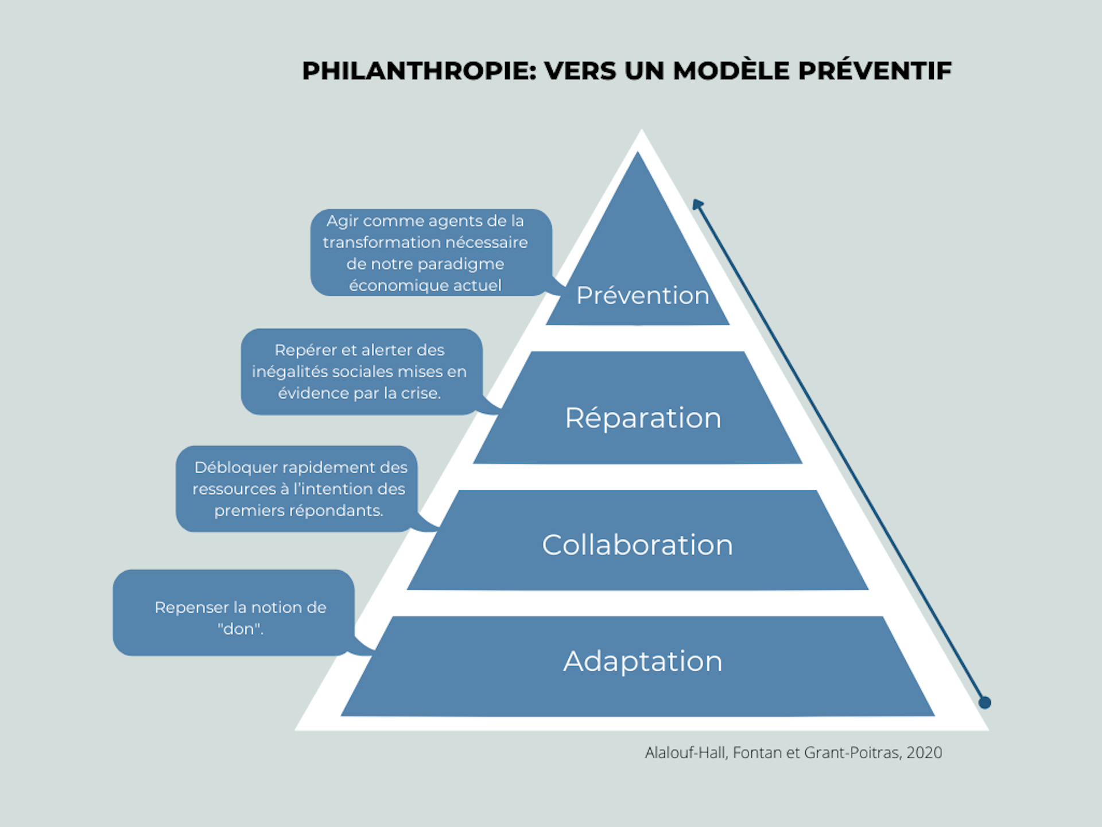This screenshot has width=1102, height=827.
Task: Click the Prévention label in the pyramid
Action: tap(643, 296)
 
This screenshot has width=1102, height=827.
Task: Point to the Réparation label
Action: tap(643, 418)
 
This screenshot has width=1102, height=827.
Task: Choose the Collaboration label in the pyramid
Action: tap(638, 545)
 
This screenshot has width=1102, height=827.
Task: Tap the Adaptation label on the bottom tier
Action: tap(643, 661)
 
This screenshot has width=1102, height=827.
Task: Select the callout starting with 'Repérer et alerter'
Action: tap(360, 372)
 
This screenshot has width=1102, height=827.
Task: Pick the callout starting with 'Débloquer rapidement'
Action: tap(297, 489)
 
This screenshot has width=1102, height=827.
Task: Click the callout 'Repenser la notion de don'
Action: tap(233, 613)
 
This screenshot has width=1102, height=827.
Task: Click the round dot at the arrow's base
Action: tap(985, 702)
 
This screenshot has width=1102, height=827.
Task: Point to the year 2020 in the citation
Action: tap(924, 753)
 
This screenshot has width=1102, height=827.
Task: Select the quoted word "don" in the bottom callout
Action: tap(240, 629)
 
